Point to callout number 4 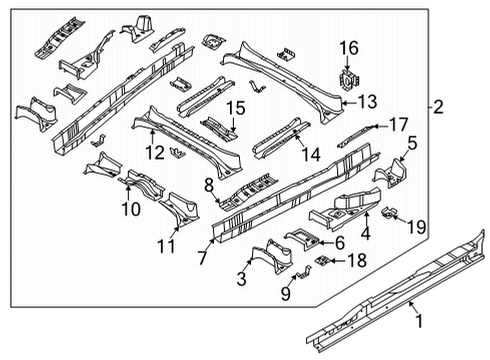[365, 235]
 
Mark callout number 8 [209, 185]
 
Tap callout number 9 [286, 294]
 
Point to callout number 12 [152, 152]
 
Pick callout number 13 [368, 101]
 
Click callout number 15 [234, 107]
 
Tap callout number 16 [348, 47]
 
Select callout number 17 [397, 124]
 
